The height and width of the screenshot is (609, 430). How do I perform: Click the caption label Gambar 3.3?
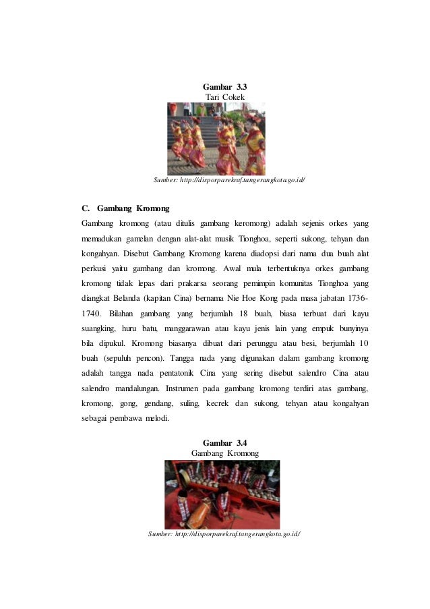point(225,88)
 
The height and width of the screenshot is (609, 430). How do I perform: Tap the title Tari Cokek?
point(225,98)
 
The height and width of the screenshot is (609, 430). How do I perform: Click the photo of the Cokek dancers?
point(216,138)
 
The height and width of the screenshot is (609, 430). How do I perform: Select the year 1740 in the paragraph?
point(92,314)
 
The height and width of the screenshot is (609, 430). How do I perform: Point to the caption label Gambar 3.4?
point(225,443)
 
